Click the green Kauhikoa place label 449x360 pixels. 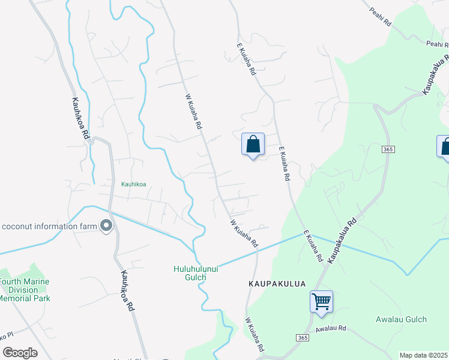(x=134, y=184)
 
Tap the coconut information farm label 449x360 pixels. (x=48, y=226)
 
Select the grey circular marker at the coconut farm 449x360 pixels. (x=106, y=226)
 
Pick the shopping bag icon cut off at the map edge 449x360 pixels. (x=444, y=147)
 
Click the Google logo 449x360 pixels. (x=20, y=352)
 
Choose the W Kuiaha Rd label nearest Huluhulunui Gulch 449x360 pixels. (x=244, y=234)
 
